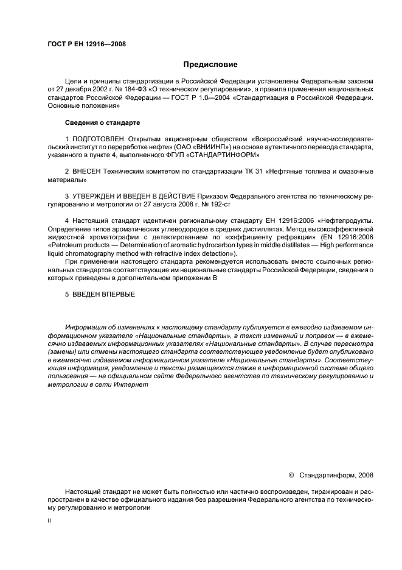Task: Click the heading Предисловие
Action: (x=210, y=65)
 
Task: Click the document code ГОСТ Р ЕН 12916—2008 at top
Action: (x=86, y=44)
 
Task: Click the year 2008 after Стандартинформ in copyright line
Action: (x=364, y=475)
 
